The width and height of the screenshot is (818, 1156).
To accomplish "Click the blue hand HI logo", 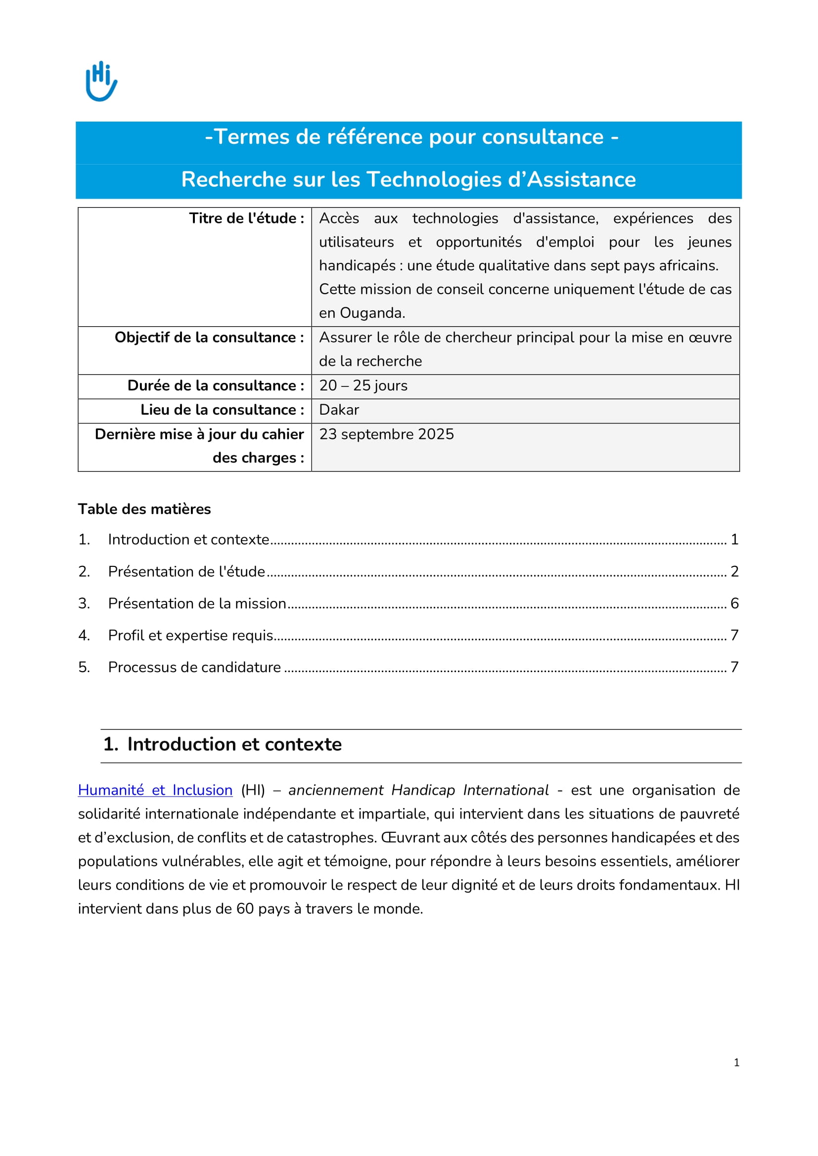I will (101, 81).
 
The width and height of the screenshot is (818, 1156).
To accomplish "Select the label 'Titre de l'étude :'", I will (246, 218).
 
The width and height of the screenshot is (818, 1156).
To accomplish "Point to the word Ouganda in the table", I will (372, 313).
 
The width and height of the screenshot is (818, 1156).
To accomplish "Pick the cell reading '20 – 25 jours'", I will (363, 385).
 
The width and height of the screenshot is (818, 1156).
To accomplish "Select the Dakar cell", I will (339, 410).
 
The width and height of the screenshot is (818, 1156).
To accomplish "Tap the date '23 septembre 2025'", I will (386, 434).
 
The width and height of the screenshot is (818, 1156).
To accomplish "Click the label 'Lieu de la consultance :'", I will (222, 410).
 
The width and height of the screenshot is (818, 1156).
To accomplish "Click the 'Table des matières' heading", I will (144, 509).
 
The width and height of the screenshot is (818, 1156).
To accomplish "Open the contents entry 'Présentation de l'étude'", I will (186, 571).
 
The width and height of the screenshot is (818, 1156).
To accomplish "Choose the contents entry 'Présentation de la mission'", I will (197, 603).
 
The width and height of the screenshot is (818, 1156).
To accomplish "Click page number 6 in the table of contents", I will (734, 603).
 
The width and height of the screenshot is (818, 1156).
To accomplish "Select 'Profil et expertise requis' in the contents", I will (190, 636).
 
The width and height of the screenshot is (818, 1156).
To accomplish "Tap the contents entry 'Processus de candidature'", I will (194, 667).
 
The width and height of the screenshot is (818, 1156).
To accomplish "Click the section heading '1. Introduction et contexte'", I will (222, 744).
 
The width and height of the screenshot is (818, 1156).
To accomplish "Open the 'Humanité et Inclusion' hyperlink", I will (155, 790).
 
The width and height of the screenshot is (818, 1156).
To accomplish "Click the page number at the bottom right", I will (736, 1063).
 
